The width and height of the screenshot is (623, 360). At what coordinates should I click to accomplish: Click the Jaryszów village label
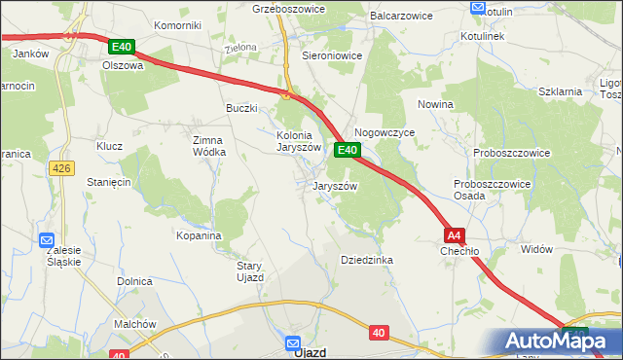tap(336, 186)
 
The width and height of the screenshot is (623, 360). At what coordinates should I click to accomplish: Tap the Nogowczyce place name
tap(385, 131)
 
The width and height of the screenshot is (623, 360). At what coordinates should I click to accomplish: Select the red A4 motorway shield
tap(455, 235)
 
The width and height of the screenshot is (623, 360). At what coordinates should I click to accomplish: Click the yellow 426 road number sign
tap(61, 168)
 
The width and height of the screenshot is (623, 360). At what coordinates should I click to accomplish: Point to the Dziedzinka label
tap(366, 260)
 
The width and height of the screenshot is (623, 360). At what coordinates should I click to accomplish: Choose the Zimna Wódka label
tap(209, 145)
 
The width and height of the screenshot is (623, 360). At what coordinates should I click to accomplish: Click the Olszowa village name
tap(123, 66)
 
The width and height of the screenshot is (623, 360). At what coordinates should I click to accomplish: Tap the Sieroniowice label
tap(332, 55)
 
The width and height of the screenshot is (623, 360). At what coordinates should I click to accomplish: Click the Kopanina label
tap(199, 235)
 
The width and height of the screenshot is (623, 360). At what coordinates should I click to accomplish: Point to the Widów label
tap(536, 249)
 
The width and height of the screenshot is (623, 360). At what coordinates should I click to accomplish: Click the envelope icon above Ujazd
tap(293, 342)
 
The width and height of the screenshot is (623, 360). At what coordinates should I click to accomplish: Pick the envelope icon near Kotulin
tap(477, 8)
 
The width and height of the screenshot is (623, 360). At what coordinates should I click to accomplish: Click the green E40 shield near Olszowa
tap(121, 46)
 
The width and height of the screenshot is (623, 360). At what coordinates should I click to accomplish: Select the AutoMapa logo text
tap(558, 341)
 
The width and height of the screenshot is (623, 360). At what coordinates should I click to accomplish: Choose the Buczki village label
tap(241, 108)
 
